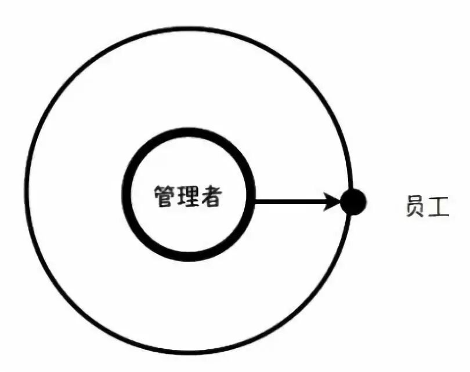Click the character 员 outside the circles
pos(415,206)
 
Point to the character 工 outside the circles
pos(439,206)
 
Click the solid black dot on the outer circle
pos(353,202)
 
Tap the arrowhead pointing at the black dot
pos(332,202)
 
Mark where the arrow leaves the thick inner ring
pos(255,202)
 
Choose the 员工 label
pos(427,206)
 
